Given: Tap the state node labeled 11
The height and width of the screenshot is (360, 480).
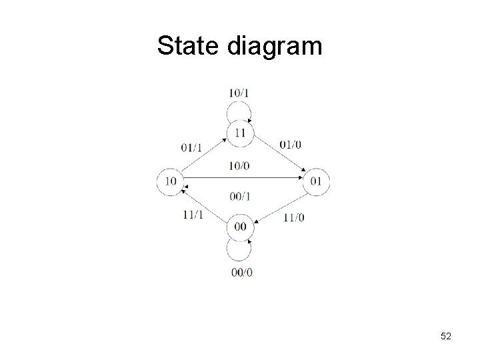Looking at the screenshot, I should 239,133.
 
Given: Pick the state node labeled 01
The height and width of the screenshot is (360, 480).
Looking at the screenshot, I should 317,181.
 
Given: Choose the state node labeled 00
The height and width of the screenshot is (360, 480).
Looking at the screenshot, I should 239,227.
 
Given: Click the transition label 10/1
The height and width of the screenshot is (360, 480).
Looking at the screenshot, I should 239,92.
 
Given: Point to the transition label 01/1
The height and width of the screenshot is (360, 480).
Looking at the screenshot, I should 192,147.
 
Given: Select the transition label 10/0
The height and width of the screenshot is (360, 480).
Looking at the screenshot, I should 239,165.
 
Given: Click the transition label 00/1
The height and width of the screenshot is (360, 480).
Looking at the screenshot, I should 239,195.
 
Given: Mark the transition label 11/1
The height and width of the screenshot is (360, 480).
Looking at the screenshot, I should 192,213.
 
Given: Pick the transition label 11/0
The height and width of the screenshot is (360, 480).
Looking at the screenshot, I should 293,217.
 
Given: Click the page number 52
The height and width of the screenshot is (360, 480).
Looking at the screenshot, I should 445,337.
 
